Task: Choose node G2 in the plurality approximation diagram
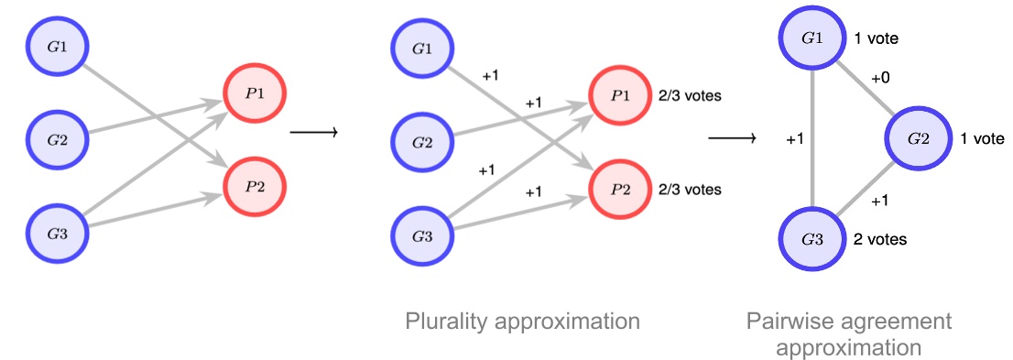point(422,142)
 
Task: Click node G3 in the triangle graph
point(811,239)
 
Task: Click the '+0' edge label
point(880,80)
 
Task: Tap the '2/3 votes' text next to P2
point(690,190)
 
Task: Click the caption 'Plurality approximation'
point(523,322)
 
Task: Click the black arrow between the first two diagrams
point(313,134)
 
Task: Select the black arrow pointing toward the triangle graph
point(733,139)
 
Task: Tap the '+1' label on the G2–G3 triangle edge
point(880,201)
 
